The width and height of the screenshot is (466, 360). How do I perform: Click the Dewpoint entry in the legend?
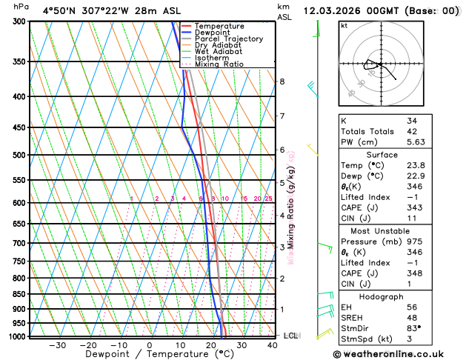pos(224,33)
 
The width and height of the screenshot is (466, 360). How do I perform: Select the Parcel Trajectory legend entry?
pos(234,39)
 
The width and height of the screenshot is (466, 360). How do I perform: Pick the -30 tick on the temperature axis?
pos(57,345)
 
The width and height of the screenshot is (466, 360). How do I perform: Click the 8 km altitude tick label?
pos(282,81)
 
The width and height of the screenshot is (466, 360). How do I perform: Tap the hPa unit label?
pos(21,7)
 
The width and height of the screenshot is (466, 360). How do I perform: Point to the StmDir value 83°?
pos(414,329)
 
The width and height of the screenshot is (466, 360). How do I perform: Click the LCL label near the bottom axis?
pos(291,336)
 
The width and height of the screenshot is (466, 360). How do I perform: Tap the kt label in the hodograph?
pos(344,26)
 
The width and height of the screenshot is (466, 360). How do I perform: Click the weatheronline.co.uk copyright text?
pos(389,354)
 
